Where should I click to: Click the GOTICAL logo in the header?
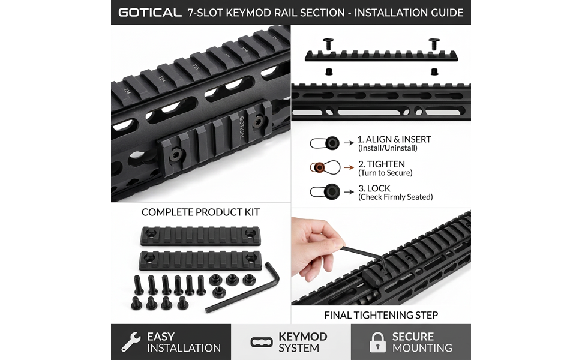[150, 13]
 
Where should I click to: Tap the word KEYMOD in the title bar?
[248, 13]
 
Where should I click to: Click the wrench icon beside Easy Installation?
[131, 342]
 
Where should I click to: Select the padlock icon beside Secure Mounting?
[377, 342]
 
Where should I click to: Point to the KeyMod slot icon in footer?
[262, 342]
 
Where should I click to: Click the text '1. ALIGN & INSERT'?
[394, 139]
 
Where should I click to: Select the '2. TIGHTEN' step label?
[382, 164]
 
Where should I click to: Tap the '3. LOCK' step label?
[374, 188]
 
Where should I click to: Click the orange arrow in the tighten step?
[349, 167]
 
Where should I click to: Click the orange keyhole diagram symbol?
[325, 167]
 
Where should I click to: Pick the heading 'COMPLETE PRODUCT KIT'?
[200, 212]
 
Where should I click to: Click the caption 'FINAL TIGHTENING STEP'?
[381, 315]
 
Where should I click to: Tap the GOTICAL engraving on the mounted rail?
[242, 127]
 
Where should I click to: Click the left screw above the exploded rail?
[328, 44]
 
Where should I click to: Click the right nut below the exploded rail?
[434, 71]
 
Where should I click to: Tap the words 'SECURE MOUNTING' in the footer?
[422, 342]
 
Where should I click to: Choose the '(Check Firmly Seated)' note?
[395, 197]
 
